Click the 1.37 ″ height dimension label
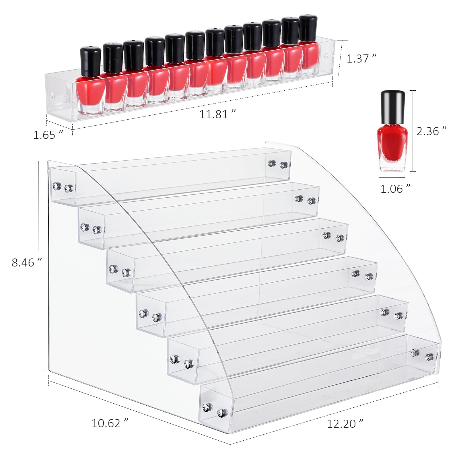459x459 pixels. coord(361,59)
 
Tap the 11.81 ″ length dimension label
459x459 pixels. coord(217,114)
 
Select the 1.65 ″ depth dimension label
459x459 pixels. coord(48,135)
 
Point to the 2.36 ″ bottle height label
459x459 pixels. coord(431,131)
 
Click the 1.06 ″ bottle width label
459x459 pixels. coord(395,189)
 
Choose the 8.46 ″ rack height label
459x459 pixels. coord(27,262)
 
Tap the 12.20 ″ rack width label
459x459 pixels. coord(345,423)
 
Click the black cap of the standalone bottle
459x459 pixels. coord(392,107)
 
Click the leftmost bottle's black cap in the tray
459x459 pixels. coord(90,60)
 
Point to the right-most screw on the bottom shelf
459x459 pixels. coord(429,357)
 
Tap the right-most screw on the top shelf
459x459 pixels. coord(284,165)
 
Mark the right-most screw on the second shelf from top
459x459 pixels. coord(312,201)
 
